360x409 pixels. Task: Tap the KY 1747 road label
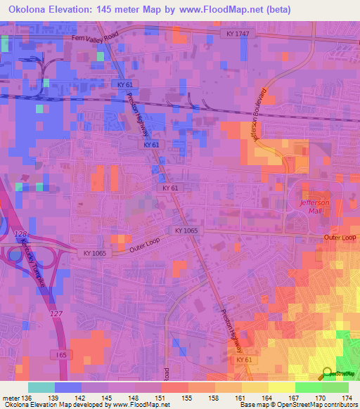239,33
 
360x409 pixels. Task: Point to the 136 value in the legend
28,398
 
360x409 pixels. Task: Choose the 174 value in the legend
348,398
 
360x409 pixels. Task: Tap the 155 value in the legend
188,398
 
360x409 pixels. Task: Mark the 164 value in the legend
269,398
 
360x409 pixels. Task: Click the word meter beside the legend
11,398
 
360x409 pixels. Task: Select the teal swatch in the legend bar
41,387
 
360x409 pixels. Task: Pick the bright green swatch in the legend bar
308,387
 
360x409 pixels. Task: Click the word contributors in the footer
338,405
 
